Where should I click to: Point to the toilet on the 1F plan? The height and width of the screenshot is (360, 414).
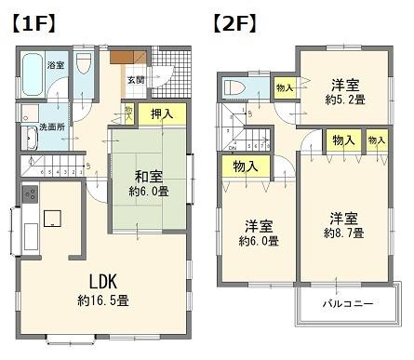(83, 67)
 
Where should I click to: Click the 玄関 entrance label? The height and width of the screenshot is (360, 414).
(136, 80)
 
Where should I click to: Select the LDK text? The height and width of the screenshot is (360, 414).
(102, 281)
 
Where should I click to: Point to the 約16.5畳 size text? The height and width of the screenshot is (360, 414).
(102, 301)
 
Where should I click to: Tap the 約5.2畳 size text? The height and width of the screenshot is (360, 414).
(344, 98)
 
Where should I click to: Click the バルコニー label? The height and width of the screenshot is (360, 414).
(348, 304)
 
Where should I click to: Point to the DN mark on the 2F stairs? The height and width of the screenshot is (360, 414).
(233, 147)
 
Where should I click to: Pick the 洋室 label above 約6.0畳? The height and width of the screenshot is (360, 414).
(259, 226)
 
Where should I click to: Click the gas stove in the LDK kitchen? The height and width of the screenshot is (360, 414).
(28, 195)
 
